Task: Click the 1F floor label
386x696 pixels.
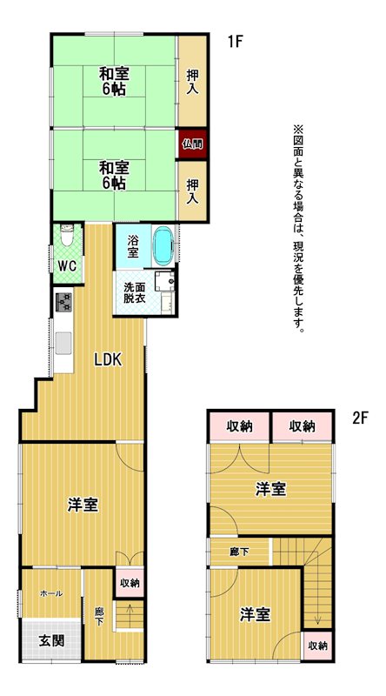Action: pos(236,42)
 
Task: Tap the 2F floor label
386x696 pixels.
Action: pos(360,418)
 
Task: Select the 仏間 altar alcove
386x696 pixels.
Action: pos(193,144)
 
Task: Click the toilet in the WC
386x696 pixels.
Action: pos(67,235)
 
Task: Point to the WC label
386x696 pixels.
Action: pos(69,266)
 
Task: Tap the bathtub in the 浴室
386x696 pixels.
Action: pos(163,247)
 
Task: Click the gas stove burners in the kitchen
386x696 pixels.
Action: pos(63,302)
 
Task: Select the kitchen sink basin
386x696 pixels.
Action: pos(63,343)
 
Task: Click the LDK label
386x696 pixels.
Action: pos(108,359)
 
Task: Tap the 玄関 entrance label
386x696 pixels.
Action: pos(51,640)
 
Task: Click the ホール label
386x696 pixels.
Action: pos(51,593)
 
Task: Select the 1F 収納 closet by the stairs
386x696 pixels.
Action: pos(130,583)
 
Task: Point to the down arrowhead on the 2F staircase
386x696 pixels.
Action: pos(317,619)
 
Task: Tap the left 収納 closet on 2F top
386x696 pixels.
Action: pos(240,426)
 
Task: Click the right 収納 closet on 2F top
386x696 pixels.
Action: pos(303,426)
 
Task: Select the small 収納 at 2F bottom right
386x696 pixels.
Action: pos(317,646)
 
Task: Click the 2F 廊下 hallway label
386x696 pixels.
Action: pos(239,552)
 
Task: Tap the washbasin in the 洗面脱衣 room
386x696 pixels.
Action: pos(165,279)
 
